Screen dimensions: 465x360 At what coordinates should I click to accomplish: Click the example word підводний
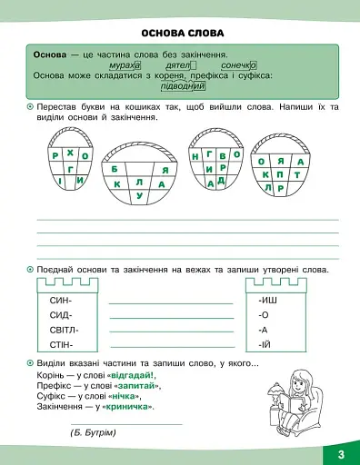tap(183, 86)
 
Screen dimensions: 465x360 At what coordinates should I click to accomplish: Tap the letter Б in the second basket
tap(115, 169)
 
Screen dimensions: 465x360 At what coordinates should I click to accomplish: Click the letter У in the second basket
tap(138, 195)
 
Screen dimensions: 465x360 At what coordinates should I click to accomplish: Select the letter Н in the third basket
tap(196, 155)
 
